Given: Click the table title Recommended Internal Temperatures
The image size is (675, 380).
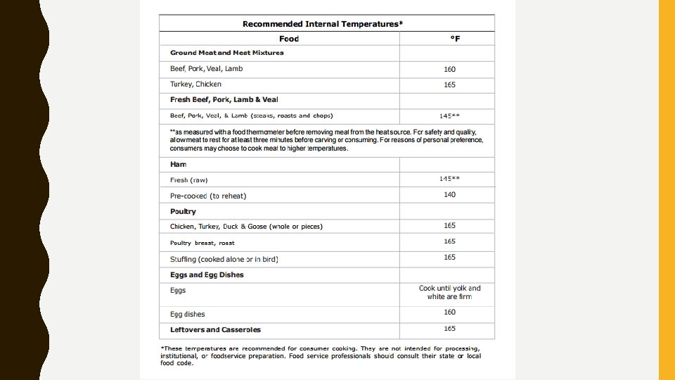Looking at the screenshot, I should click(323, 24).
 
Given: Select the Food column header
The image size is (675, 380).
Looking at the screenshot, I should click(289, 39).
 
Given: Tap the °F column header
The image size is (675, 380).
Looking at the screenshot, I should click(455, 39).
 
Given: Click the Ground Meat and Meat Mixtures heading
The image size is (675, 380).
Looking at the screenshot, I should click(227, 53).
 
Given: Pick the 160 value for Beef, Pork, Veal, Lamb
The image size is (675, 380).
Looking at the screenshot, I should click(450, 69).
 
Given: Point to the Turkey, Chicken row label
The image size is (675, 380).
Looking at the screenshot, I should click(195, 84).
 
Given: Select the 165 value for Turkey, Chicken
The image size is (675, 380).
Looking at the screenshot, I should click(450, 84).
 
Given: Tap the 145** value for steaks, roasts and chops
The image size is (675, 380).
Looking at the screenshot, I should click(450, 115).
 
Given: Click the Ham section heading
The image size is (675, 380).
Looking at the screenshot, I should click(179, 164).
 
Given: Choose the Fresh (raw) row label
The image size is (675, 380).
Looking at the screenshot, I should click(189, 180).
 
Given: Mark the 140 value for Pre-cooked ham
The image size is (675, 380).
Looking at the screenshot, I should click(450, 194).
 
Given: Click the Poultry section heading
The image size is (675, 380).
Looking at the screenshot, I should click(183, 211).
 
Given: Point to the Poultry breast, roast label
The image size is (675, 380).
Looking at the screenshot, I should click(202, 243).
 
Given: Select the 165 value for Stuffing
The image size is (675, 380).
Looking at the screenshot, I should click(450, 258).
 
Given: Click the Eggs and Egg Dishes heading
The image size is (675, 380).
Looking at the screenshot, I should click(207, 274).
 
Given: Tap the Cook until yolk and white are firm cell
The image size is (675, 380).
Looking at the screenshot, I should click(450, 292).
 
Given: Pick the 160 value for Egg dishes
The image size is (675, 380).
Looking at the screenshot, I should click(450, 312).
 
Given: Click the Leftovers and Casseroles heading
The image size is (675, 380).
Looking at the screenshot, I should click(215, 329).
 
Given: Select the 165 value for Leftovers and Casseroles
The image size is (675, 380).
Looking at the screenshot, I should click(450, 329).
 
